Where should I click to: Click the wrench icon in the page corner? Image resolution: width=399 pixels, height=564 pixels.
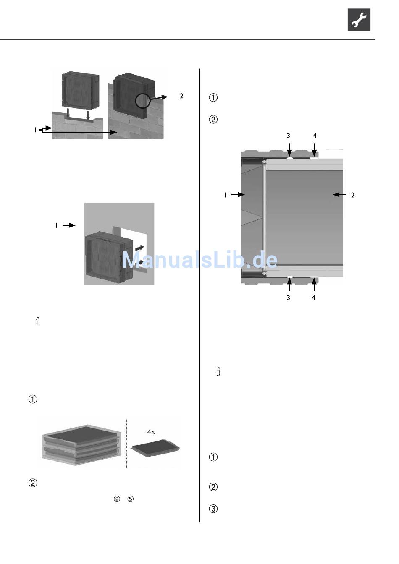359,20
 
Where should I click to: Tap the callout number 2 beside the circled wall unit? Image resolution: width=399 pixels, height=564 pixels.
181,96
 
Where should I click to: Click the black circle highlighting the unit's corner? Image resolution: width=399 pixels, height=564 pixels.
143,101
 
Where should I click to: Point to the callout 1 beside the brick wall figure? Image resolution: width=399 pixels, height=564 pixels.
36,130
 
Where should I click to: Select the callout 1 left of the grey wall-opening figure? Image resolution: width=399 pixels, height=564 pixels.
56,225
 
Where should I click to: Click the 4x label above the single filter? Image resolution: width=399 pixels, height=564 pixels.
151,431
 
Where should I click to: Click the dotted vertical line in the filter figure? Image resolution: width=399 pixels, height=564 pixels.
126,443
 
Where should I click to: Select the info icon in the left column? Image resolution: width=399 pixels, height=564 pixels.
38,321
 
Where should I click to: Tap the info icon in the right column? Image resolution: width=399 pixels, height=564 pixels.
218,371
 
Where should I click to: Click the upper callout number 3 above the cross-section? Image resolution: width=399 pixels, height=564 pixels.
289,136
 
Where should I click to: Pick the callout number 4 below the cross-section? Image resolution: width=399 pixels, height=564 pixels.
314,298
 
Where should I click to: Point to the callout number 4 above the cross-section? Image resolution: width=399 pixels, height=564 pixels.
315,136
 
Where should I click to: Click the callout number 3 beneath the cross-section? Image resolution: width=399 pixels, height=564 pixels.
288,298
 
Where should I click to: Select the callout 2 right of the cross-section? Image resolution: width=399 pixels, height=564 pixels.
353,195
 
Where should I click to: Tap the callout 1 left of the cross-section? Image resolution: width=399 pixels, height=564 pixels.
226,195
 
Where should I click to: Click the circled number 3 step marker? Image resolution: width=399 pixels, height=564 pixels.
213,509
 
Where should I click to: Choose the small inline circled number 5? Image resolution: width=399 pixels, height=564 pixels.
131,499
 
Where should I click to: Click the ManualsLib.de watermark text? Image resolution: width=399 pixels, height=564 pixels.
199,260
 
